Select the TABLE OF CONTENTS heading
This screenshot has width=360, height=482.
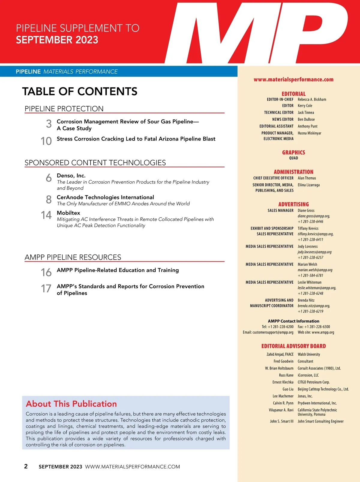pyautogui.click(x=80, y=92)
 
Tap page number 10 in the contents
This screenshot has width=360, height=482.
pyautogui.click(x=46, y=141)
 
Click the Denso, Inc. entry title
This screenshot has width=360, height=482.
pyautogui.click(x=71, y=176)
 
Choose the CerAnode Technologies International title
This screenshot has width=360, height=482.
pyautogui.click(x=105, y=197)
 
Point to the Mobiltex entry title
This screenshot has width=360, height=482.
pyautogui.click(x=68, y=213)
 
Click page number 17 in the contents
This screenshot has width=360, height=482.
pyautogui.click(x=46, y=289)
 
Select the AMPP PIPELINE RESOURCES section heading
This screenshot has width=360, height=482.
pyautogui.click(x=73, y=257)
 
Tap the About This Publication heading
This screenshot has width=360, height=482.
pyautogui.click(x=71, y=404)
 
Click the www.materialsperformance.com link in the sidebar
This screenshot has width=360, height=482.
pyautogui.click(x=293, y=80)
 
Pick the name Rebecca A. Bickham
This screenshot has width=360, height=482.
pyautogui.click(x=312, y=99)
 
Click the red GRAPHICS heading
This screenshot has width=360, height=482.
pyautogui.click(x=293, y=152)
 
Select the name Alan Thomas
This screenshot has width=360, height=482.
pyautogui.click(x=307, y=178)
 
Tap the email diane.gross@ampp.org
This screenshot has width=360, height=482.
pyautogui.click(x=313, y=216)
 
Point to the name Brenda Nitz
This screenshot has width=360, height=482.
pyautogui.click(x=306, y=300)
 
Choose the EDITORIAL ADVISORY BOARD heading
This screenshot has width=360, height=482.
pyautogui.click(x=293, y=346)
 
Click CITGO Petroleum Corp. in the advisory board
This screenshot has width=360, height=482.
pyautogui.click(x=313, y=382)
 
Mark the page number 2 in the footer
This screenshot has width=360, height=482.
pyautogui.click(x=26, y=466)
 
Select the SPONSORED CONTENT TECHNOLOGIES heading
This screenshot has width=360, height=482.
pyautogui.click(x=95, y=163)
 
